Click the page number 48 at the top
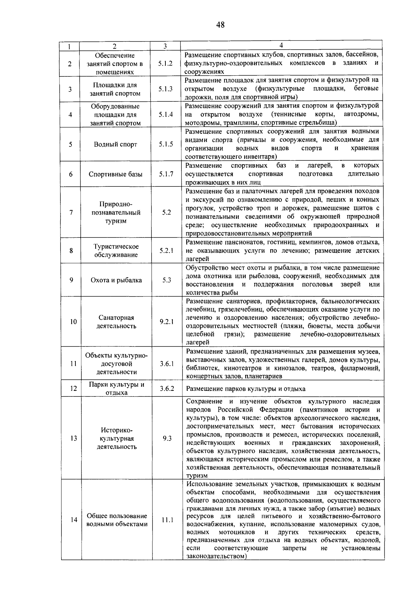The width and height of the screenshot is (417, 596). [x=220, y=25]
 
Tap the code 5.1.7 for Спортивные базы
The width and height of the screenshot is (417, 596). [x=166, y=174]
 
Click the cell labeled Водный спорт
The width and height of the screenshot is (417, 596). [x=115, y=144]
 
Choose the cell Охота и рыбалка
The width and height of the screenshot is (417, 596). [x=116, y=280]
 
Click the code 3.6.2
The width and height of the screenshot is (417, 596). [x=167, y=388]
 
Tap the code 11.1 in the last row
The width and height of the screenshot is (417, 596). [x=167, y=520]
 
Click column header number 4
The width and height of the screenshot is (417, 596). [x=281, y=45]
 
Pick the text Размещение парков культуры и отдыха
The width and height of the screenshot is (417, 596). [x=246, y=389]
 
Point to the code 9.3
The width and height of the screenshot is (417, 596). [x=167, y=438]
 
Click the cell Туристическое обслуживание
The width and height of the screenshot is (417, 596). [x=116, y=251]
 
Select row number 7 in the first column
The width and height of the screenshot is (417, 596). [x=71, y=212]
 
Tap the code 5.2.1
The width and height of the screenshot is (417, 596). [x=166, y=251]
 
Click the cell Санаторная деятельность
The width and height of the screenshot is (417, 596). [x=116, y=322]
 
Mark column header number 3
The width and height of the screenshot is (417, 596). [x=165, y=46]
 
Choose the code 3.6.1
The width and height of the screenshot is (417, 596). [x=167, y=363]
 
